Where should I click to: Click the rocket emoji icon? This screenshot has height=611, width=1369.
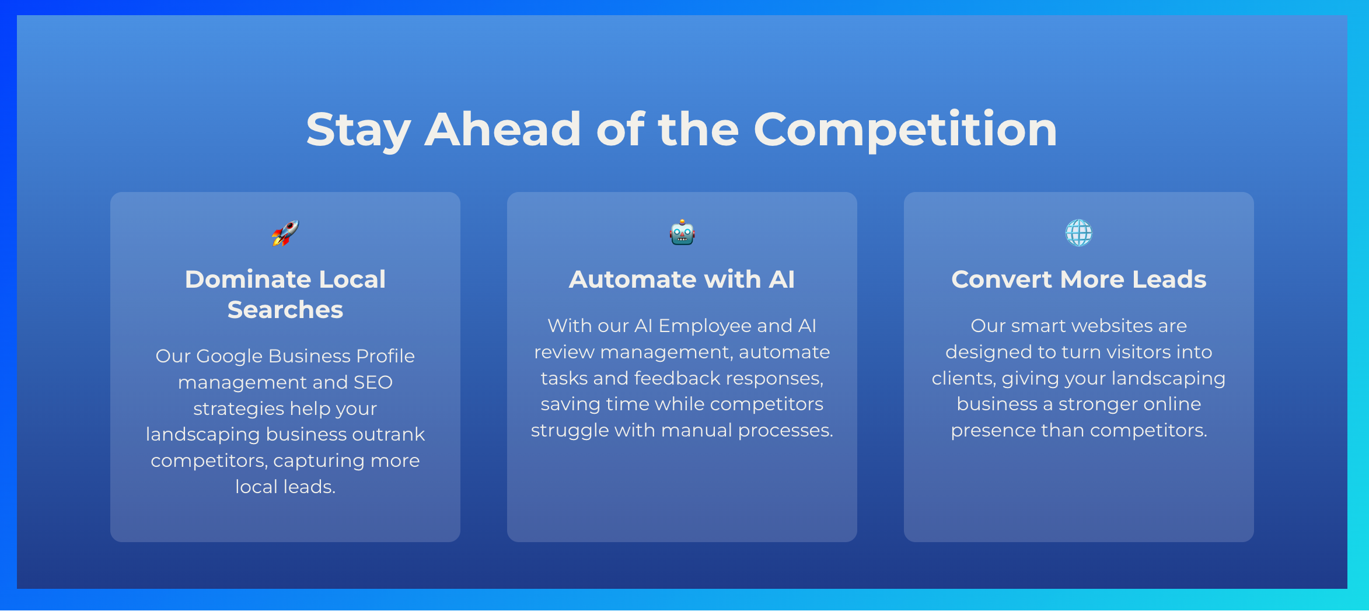point(285,233)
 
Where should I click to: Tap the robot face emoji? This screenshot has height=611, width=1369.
point(682,233)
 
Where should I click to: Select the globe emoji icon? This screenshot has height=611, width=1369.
point(1079,233)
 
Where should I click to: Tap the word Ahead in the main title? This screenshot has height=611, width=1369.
point(502,129)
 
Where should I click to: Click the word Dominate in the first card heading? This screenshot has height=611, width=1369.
point(244,279)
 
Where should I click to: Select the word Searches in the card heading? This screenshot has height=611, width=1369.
point(285,309)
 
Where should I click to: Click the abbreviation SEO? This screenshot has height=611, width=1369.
point(373,382)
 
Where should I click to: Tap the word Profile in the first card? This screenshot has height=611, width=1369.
point(385,356)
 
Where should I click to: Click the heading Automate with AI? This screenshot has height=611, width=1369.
point(682,279)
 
